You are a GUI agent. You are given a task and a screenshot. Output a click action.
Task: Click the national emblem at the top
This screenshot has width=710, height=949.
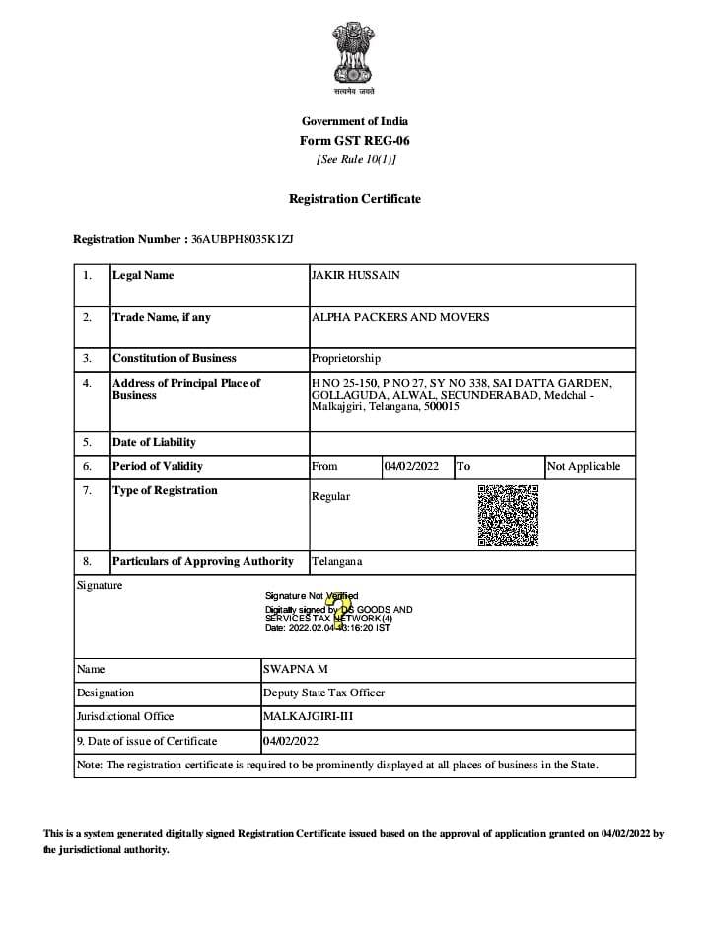tap(354, 55)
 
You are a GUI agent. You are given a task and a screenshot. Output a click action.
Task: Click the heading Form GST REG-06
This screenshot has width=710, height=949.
tap(355, 140)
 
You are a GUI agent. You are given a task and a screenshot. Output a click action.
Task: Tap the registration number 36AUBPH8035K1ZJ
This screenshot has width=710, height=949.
tap(243, 239)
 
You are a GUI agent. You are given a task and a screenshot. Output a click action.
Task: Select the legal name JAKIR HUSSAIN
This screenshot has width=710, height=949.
tap(356, 275)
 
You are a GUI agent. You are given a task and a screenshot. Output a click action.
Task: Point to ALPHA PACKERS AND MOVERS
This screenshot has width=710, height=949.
tap(400, 317)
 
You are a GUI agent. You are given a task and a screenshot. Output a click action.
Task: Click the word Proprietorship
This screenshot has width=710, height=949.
tap(346, 358)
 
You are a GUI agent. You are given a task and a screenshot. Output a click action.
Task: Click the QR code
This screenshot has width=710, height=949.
tap(508, 515)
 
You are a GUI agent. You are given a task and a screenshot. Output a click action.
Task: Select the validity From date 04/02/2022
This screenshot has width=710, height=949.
tap(411, 466)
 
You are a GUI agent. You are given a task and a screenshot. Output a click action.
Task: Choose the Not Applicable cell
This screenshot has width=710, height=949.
tap(584, 466)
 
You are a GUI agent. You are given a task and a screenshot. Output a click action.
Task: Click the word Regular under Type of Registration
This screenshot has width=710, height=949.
tap(330, 496)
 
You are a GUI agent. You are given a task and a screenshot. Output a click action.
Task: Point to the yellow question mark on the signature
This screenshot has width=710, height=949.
tap(341, 611)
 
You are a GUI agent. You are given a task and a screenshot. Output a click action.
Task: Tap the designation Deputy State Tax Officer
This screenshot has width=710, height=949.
tap(323, 693)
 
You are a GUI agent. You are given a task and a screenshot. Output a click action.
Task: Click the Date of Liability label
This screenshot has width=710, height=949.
tap(154, 442)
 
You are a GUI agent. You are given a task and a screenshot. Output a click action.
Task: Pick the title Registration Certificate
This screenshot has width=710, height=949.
tap(355, 199)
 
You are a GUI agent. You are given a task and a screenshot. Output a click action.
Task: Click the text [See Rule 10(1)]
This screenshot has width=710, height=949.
tap(355, 159)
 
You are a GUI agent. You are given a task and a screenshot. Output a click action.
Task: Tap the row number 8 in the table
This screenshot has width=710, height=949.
tap(87, 561)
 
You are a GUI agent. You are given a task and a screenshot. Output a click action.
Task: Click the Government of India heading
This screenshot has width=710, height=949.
tap(355, 121)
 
